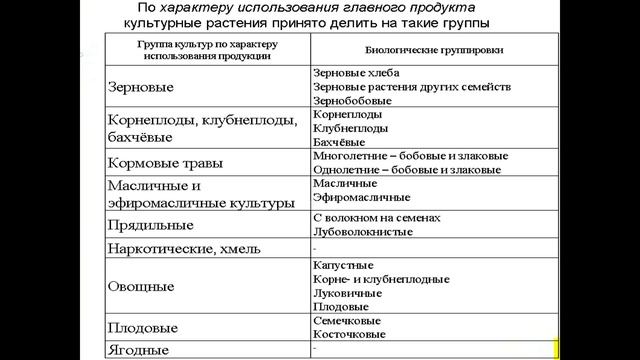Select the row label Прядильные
tap(148, 225)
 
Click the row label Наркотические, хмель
tap(185, 248)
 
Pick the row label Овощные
tap(141, 286)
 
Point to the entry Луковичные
tap(346, 293)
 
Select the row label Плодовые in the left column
tap(143, 328)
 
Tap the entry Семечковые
tap(347, 322)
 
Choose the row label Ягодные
tap(138, 350)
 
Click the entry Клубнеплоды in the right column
tap(347, 129)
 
